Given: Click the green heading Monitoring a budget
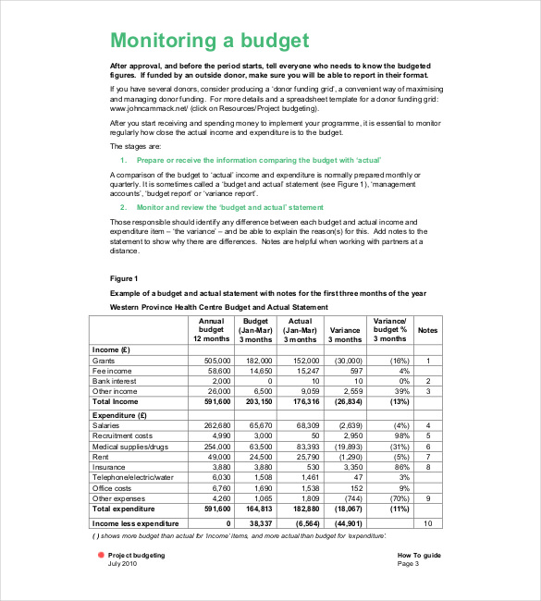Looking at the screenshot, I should [x=209, y=41].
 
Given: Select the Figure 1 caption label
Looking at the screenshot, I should [x=123, y=278].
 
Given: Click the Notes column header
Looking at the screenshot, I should [x=427, y=329].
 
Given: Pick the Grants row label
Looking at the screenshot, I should [x=103, y=361].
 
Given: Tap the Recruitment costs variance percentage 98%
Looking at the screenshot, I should [x=399, y=435].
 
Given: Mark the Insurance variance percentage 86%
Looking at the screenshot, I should [x=399, y=467].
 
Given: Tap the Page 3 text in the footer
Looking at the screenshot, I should [x=408, y=563].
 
